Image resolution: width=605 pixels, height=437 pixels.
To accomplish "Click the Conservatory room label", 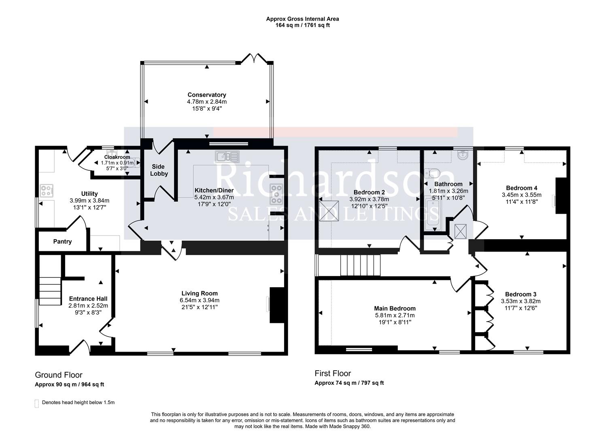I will pyautogui.click(x=206, y=95).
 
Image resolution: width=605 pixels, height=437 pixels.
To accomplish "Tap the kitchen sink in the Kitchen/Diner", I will pyautogui.click(x=227, y=156).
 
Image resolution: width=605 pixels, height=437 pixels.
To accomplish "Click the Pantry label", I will pyautogui.click(x=62, y=242).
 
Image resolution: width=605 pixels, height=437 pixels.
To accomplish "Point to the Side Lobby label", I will pyautogui.click(x=159, y=170).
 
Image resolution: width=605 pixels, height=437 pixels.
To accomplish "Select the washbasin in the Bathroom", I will pyautogui.click(x=464, y=155).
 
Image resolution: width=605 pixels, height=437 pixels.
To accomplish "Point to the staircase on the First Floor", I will pyautogui.click(x=360, y=265).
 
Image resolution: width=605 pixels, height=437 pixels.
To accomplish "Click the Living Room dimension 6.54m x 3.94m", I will pyautogui.click(x=200, y=300).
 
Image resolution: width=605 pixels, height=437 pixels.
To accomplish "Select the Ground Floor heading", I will pyautogui.click(x=59, y=375).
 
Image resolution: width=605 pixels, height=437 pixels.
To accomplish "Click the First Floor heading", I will pyautogui.click(x=333, y=373).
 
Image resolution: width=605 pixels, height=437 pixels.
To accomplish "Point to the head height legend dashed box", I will pyautogui.click(x=37, y=403).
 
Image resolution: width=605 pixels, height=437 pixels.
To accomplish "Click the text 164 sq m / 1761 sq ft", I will pyautogui.click(x=302, y=25).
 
